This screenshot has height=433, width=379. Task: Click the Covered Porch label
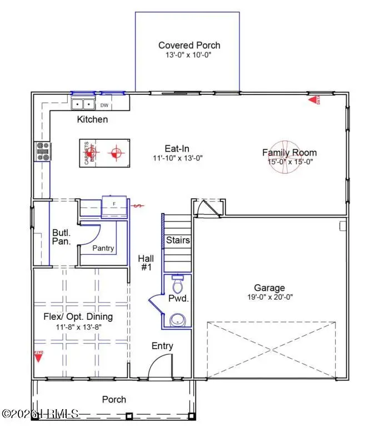(189, 45)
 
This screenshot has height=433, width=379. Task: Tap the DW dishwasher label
(104, 105)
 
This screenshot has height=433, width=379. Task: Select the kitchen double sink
(84, 104)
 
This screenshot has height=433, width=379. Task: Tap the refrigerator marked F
(114, 206)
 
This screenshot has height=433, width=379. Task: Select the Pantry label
(103, 248)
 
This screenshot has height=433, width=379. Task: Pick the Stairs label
(178, 240)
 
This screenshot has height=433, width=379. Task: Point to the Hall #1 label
(146, 263)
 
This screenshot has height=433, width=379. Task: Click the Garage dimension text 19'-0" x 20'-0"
(270, 297)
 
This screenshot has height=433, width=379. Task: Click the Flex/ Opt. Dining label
(78, 317)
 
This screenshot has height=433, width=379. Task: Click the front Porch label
(114, 399)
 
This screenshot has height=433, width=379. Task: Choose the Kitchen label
(92, 119)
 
